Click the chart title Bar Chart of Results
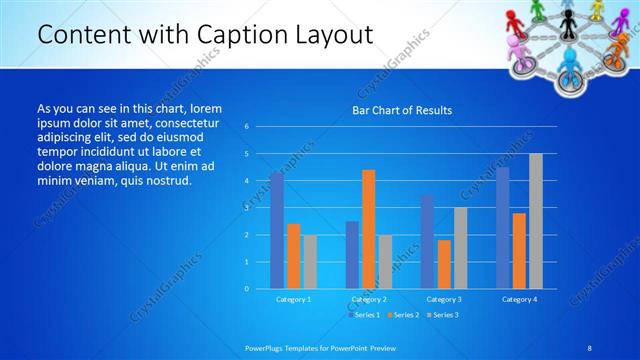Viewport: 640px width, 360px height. pos(401,110)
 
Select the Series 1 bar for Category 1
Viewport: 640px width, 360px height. pos(276,230)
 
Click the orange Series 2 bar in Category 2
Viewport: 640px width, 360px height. pos(369,229)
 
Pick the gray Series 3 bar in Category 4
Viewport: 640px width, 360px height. pos(536,221)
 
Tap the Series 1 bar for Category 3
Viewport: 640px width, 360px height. pos(428,241)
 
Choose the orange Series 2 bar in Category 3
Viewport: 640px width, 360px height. pos(444,264)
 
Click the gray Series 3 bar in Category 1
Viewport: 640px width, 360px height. pos(310,261)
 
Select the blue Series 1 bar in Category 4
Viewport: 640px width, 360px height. pos(503,227)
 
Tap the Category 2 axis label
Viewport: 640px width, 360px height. pos(369,299)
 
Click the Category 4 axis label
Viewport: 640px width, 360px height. pos(519,299)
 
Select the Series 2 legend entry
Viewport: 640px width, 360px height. pos(405,315)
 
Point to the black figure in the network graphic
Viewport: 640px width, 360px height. pos(567,17)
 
